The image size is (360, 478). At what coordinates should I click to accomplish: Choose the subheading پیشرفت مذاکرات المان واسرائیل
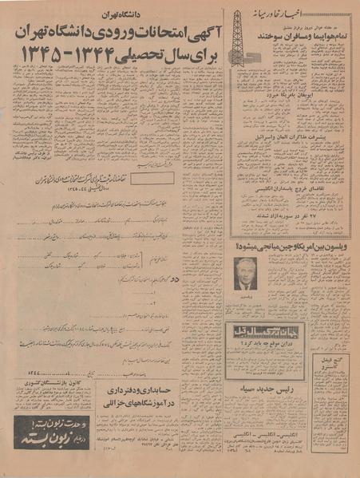(293, 137)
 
